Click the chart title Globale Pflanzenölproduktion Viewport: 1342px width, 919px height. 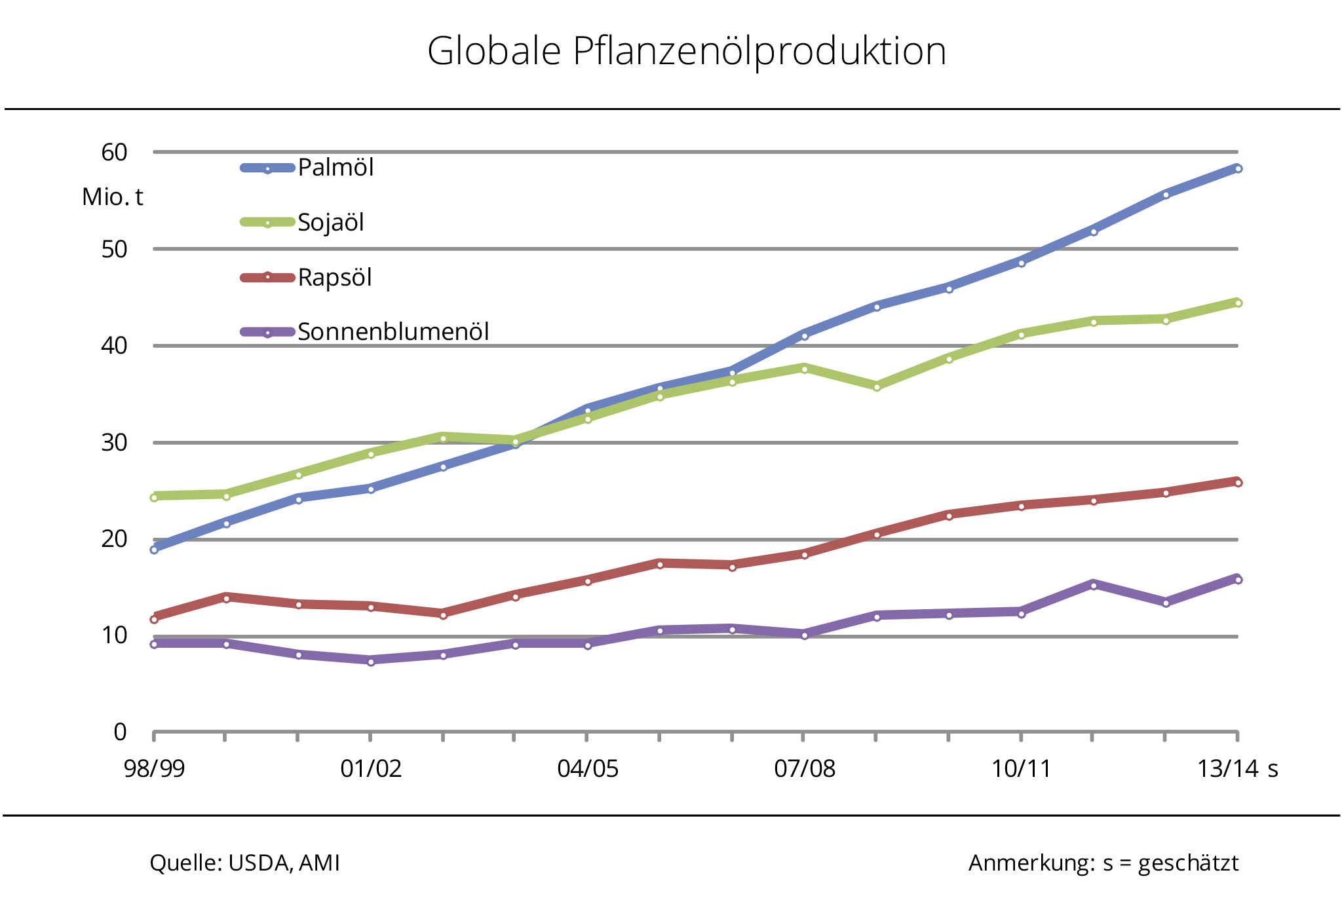(x=686, y=51)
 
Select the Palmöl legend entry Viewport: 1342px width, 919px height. (x=335, y=168)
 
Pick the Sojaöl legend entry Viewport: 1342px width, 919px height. (x=330, y=223)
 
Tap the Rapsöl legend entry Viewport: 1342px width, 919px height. (x=334, y=278)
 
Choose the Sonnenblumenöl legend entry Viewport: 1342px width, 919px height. (x=393, y=332)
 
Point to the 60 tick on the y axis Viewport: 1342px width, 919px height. (x=114, y=153)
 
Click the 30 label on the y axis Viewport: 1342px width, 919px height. (x=114, y=443)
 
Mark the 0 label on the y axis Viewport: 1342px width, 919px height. (x=120, y=732)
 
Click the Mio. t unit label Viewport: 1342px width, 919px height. (x=112, y=197)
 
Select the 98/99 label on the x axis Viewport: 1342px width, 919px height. (x=155, y=768)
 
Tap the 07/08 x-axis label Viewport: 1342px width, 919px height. (x=805, y=768)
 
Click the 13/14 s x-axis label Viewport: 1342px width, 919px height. (x=1237, y=768)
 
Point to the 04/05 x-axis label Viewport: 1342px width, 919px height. (x=588, y=768)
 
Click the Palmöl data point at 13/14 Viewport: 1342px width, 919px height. (x=1238, y=169)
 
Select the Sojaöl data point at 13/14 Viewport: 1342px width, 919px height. (x=1238, y=303)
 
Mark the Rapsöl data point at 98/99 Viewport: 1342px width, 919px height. (x=155, y=619)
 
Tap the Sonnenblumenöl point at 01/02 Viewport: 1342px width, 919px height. (x=371, y=662)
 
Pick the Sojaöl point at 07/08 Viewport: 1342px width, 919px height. (x=805, y=369)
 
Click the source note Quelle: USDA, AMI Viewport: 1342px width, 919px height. (x=244, y=863)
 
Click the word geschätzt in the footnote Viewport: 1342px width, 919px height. (x=1188, y=863)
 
